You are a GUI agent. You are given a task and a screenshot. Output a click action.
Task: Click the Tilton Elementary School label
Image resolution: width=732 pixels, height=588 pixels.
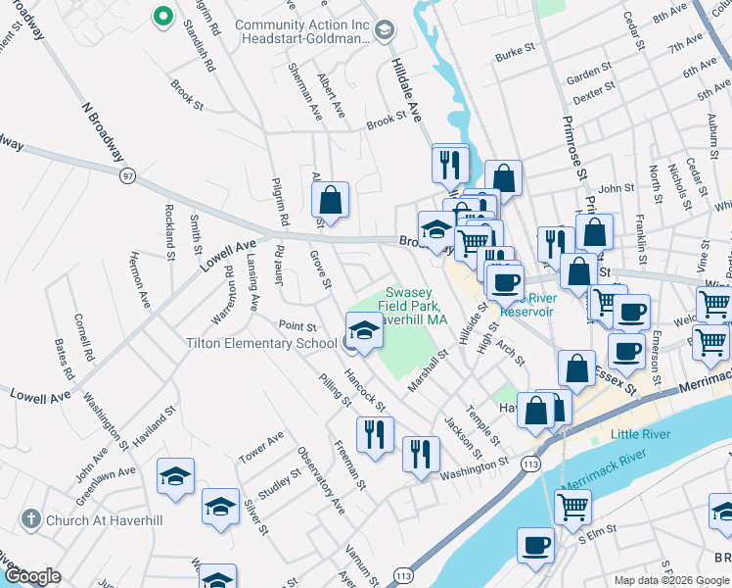(x=262, y=343)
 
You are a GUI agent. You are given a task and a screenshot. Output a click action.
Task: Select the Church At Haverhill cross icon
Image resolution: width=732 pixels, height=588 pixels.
(x=30, y=519)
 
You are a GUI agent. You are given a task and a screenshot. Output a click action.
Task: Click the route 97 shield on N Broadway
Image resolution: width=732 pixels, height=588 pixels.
(x=127, y=175)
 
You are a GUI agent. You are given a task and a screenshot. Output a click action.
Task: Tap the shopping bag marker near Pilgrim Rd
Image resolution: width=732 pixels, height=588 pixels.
(x=331, y=200)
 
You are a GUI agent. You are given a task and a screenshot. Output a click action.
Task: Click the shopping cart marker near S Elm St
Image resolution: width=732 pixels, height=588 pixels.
(x=572, y=507)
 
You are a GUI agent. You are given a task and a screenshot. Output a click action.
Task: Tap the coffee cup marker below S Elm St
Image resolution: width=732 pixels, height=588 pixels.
(x=535, y=545)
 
